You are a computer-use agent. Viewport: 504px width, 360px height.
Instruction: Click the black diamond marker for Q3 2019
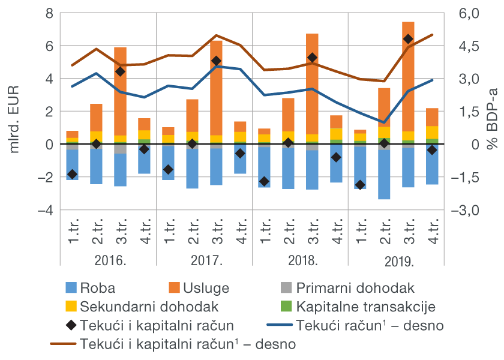coord(408,39)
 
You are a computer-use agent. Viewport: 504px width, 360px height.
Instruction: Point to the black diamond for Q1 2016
coord(72,174)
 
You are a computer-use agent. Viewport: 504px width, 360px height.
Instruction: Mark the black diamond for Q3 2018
coord(312,58)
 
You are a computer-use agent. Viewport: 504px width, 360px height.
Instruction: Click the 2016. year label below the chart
coord(108,262)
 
